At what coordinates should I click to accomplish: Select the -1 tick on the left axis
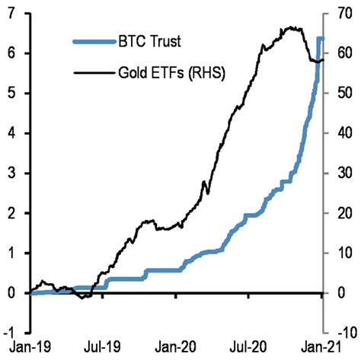pyautogui.click(x=13, y=333)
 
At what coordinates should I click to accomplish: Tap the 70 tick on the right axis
pyautogui.click(x=340, y=14)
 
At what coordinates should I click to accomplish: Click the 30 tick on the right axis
pyautogui.click(x=340, y=174)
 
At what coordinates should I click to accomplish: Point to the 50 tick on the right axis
pyautogui.click(x=340, y=94)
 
